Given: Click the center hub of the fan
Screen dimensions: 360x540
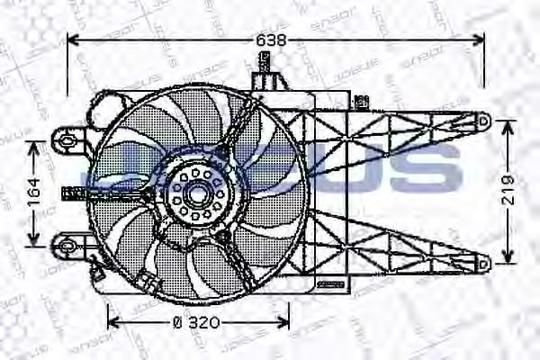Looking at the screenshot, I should point(195,192).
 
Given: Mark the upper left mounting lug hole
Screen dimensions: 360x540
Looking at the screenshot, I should point(64,138).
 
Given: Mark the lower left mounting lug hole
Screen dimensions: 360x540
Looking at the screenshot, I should point(64,243).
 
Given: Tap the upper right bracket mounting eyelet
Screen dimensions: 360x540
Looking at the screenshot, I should point(482,119).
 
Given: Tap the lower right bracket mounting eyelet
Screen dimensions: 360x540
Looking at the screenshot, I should point(482,263).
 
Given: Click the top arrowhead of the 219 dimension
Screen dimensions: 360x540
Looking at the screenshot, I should point(510,124).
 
